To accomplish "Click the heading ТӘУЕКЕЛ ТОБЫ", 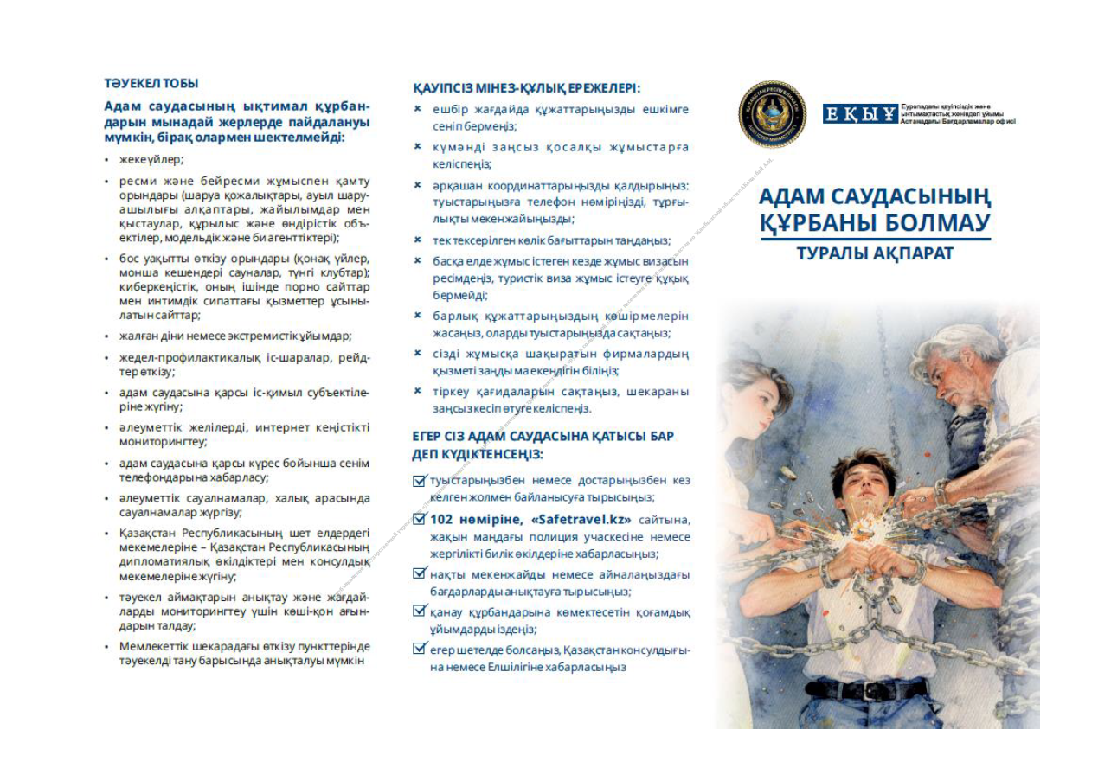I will tap(151, 84).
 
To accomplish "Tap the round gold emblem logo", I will tap(773, 114).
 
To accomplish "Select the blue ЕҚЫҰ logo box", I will tap(860, 114).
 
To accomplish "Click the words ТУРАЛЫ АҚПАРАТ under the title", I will tap(875, 253).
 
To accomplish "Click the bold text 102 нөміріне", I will tap(472, 520).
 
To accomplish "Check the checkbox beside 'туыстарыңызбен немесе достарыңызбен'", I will tap(420, 481).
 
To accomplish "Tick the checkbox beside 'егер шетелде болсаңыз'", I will tap(420, 650).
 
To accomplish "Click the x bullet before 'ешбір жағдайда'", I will tap(418, 109).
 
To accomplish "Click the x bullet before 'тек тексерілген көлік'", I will tap(418, 240).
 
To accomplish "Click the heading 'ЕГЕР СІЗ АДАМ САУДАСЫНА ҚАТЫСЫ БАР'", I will tap(543, 436).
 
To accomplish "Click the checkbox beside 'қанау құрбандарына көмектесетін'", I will tap(420, 611).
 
